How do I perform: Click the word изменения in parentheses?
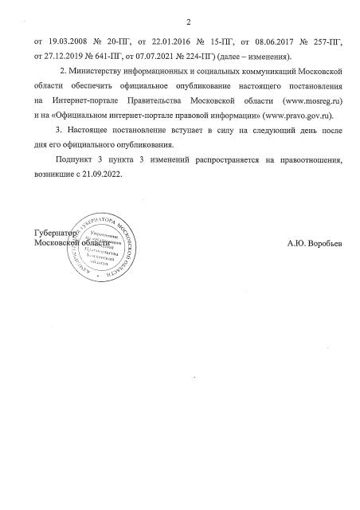tap(268, 57)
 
